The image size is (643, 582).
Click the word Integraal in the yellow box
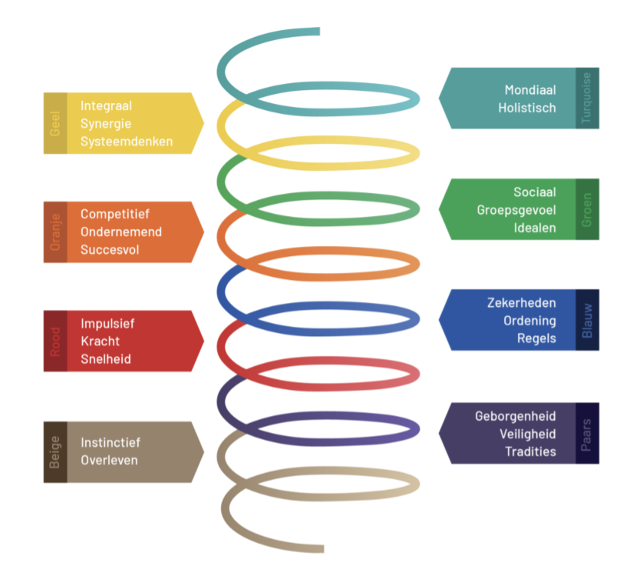coord(106,105)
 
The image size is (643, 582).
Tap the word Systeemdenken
coord(126,141)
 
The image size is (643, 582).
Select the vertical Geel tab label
coord(55,123)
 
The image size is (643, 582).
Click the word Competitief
coord(114,215)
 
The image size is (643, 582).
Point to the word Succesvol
coord(110,250)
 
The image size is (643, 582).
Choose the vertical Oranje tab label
coord(55,232)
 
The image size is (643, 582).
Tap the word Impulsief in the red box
coord(108,324)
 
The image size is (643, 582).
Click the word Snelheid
coord(105,359)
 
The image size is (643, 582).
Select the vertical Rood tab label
coord(55,341)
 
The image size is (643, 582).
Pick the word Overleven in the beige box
coord(109,461)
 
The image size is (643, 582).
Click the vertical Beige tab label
coord(55,452)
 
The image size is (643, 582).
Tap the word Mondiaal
coord(530,90)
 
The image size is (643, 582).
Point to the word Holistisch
coord(526,108)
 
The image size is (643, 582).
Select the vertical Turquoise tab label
coord(588,98)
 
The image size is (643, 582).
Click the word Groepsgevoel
coord(516,210)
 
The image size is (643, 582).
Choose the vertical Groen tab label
coord(588,209)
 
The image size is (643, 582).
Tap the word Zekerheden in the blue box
coord(522,303)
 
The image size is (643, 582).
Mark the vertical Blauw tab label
coord(588,320)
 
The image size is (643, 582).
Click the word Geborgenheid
coord(515,416)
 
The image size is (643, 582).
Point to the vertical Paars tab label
coord(588,433)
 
